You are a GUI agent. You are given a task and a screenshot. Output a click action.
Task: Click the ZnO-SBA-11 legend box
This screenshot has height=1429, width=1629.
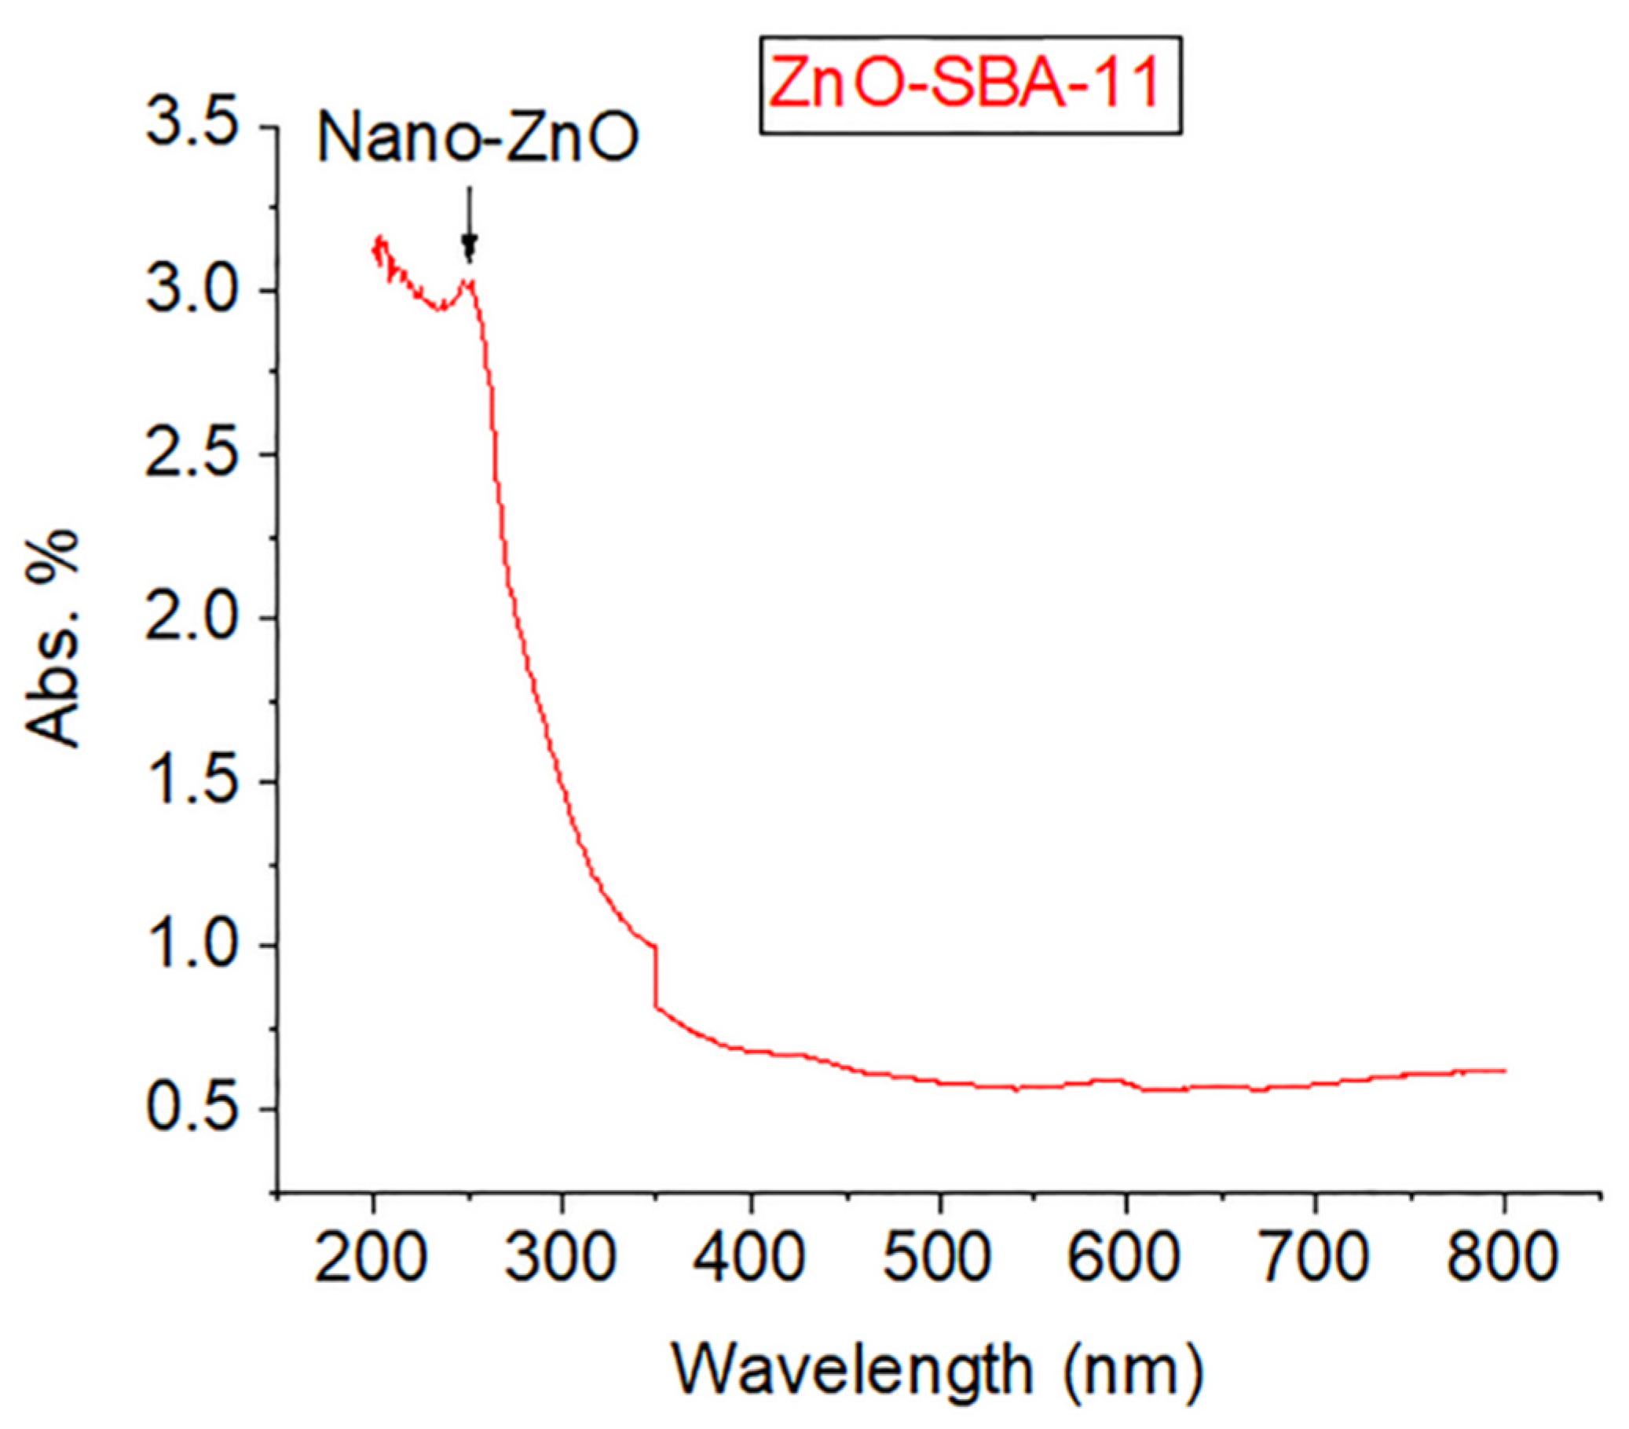point(969,86)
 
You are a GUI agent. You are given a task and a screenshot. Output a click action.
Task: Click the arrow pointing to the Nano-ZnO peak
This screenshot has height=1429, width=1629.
point(470,224)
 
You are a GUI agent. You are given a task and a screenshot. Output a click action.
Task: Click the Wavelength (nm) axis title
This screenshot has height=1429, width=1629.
point(937,1371)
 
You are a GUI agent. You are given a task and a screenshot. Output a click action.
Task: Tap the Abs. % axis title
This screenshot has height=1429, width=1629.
point(53,638)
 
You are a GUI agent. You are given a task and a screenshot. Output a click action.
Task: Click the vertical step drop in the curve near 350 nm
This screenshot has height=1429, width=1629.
point(655,976)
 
